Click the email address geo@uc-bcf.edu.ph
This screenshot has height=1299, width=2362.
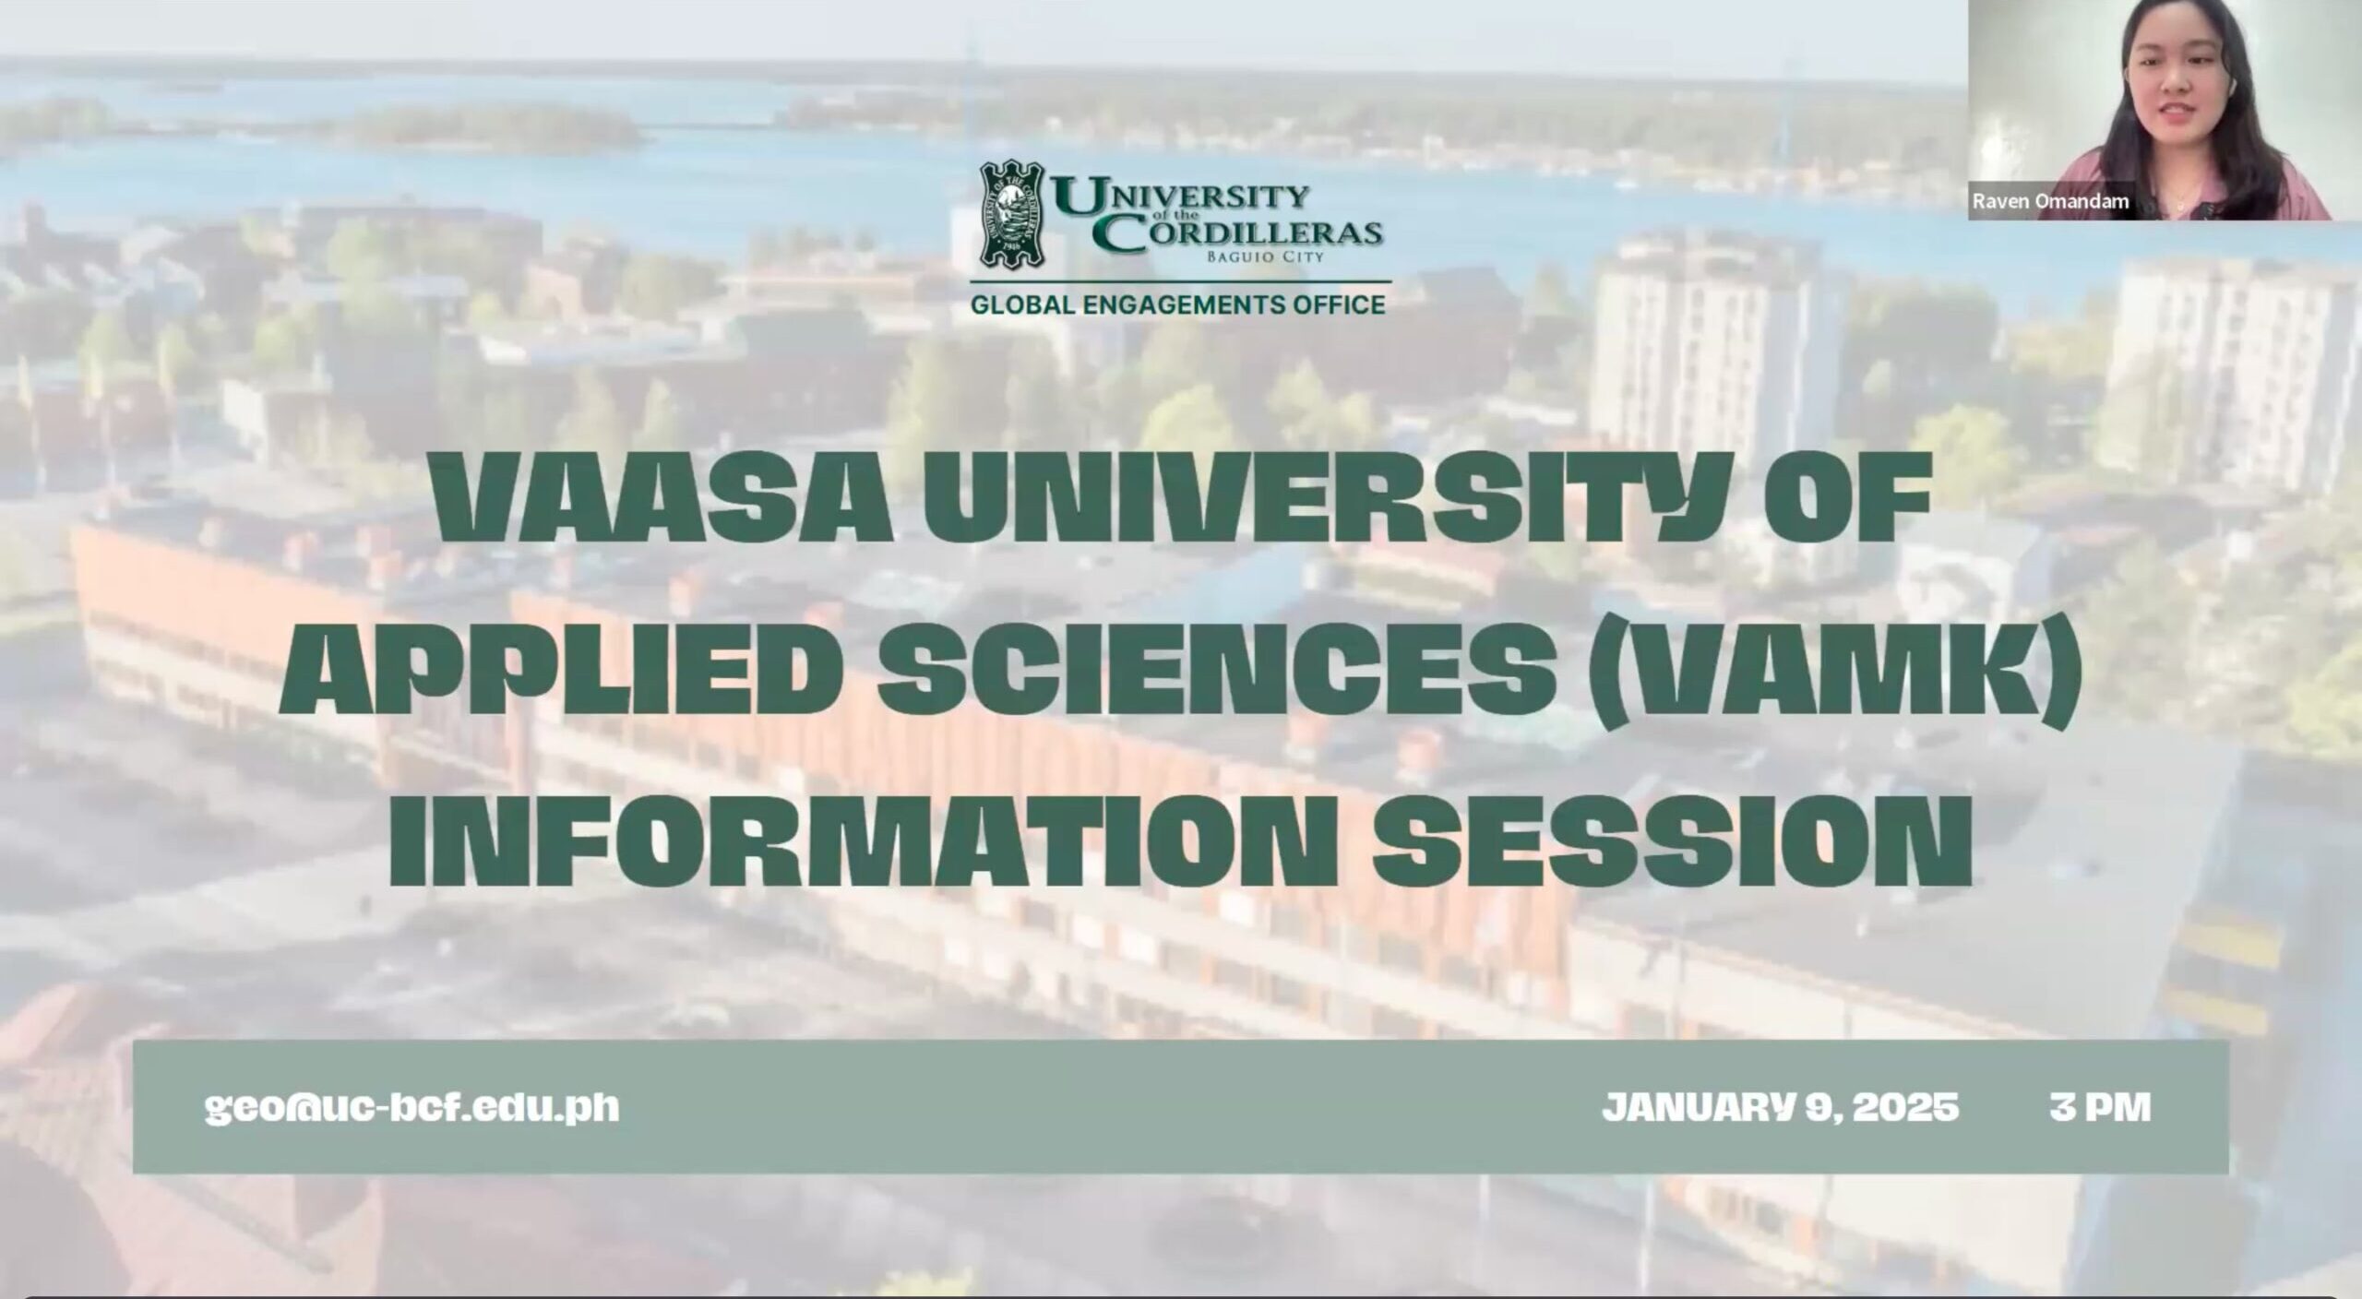click(x=412, y=1107)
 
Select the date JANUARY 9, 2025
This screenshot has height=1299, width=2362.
click(x=1781, y=1107)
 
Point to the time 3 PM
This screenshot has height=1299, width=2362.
click(x=2100, y=1107)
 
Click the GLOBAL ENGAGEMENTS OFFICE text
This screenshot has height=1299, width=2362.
click(x=1177, y=304)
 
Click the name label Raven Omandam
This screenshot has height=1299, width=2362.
click(x=2050, y=202)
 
